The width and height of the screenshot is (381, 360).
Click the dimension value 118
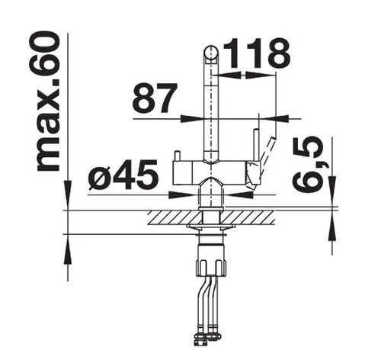[x=257, y=53]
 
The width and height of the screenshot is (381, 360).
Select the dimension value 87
[x=154, y=98]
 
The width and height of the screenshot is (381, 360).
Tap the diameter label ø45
[x=123, y=175]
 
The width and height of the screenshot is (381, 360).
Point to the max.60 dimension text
[x=48, y=101]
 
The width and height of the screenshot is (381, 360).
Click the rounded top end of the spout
[x=211, y=52]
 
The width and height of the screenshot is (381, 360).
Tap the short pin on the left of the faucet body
[x=177, y=156]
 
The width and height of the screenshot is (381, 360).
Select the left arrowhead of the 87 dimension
[x=192, y=119]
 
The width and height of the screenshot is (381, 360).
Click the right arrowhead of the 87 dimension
[x=276, y=119]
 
